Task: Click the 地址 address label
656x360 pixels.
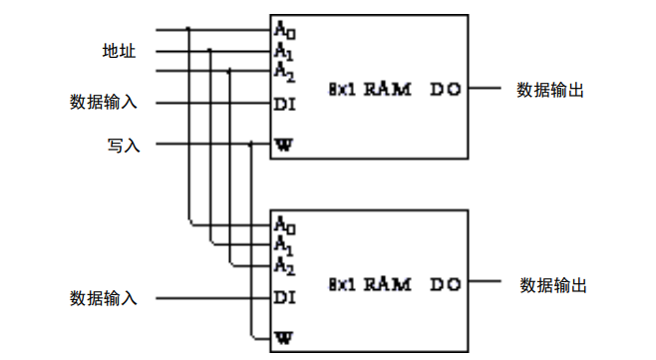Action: (120, 50)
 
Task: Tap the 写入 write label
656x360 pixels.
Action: (124, 145)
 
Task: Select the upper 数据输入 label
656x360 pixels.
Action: (104, 102)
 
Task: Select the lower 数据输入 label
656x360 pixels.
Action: (104, 298)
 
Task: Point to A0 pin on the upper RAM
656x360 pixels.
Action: (284, 30)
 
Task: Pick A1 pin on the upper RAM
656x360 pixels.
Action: (284, 50)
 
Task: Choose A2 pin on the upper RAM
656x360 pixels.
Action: (284, 70)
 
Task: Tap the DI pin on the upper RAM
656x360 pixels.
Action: (285, 103)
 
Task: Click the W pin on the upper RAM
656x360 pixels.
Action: (284, 145)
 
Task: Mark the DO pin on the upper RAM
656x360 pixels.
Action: (446, 90)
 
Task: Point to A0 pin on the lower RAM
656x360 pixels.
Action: (284, 223)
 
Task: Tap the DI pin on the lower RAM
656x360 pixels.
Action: (285, 297)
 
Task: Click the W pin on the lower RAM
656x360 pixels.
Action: (284, 338)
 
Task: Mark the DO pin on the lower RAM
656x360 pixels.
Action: (446, 285)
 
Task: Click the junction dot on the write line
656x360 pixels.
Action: (250, 145)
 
